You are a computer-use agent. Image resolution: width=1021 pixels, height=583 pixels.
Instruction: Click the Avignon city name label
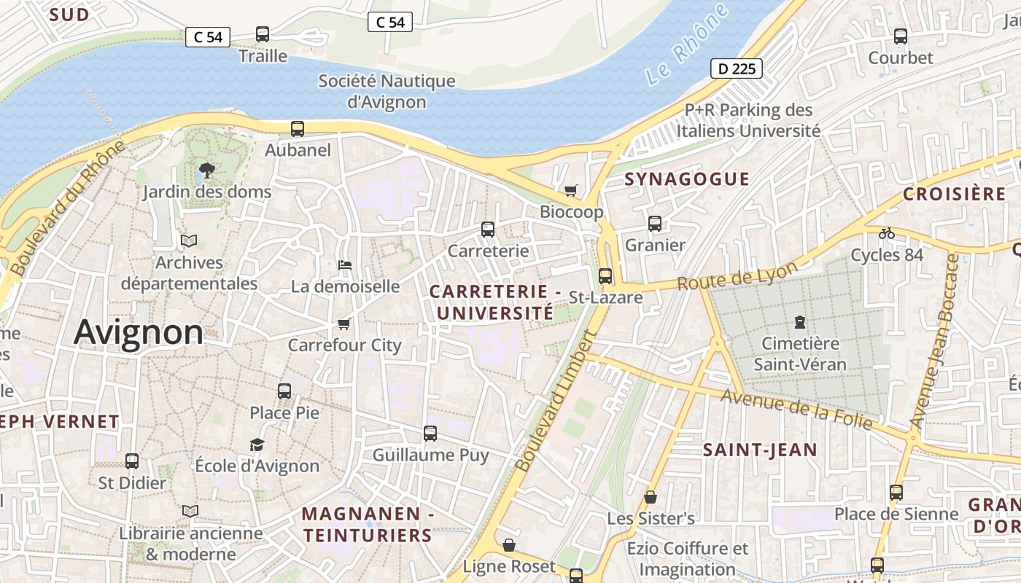coord(139,332)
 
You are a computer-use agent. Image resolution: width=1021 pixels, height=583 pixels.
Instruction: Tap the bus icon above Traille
coord(263,34)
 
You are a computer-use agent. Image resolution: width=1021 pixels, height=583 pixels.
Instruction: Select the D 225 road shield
coord(737,69)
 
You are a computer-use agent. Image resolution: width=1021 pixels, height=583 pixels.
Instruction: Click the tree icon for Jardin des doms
coord(207,171)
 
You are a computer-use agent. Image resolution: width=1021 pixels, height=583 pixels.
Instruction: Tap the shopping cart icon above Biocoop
coord(571,190)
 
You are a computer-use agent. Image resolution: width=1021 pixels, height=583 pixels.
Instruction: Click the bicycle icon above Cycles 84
coord(887,233)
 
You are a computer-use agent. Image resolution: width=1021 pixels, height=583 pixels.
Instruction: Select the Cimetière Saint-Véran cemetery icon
coord(800,321)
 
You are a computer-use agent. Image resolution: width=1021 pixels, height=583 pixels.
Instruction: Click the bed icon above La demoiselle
coord(345,265)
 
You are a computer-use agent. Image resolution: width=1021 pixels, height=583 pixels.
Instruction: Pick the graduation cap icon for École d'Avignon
coord(257,445)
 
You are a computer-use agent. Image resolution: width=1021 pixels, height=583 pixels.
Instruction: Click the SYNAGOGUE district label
coord(687,179)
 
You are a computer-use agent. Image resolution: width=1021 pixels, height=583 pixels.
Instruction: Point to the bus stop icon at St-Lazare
coord(605,276)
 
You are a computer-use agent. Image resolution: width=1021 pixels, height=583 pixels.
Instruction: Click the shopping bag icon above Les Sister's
coord(651,497)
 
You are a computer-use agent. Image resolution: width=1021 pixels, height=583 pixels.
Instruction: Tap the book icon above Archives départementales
coord(189,240)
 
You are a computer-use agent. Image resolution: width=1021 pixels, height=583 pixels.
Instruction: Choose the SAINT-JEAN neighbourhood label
coord(760,450)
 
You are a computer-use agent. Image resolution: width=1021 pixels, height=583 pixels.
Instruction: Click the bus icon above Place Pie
coord(284,391)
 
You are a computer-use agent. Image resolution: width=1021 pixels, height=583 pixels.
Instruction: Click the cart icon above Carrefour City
coord(344,324)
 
